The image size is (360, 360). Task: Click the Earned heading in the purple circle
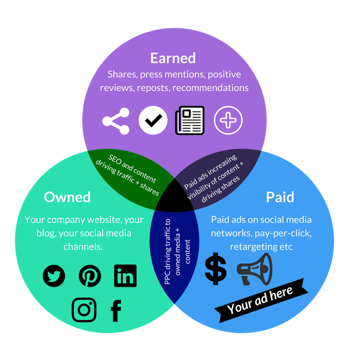(173, 58)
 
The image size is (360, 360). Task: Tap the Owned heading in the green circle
(67, 197)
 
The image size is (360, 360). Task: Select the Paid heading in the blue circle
(280, 197)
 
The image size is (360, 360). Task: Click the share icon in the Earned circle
(116, 121)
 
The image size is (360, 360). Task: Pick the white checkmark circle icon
(153, 120)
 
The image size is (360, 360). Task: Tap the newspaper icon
(189, 120)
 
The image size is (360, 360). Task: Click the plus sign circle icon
(228, 120)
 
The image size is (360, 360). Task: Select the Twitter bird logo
(54, 276)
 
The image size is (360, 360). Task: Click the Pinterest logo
(90, 276)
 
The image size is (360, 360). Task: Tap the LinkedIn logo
(126, 276)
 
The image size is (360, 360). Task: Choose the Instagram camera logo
(84, 310)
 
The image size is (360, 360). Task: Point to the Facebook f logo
(116, 310)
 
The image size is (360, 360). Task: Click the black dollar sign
(216, 269)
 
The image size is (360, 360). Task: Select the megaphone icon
(255, 269)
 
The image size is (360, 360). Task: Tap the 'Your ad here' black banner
(261, 301)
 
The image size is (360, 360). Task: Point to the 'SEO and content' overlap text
(132, 168)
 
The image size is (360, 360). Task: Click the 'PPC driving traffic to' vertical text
(167, 252)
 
